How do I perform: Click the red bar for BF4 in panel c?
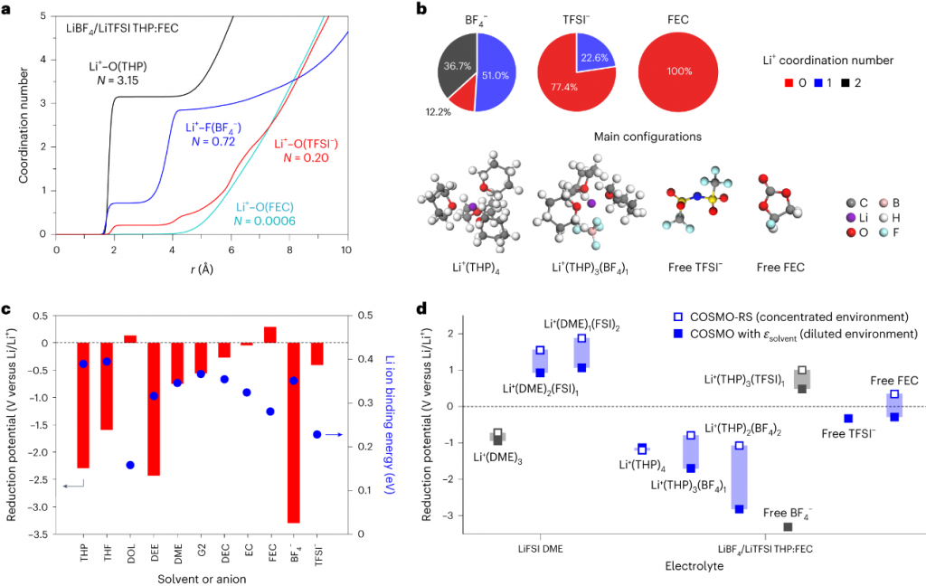coord(293,432)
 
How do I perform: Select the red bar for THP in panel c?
coord(83,405)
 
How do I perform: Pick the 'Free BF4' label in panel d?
coord(787,513)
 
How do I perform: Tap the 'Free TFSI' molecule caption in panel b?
coord(691,268)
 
